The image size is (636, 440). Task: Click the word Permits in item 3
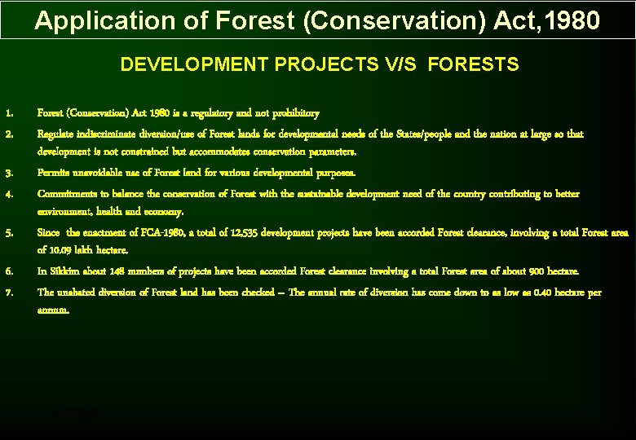coord(55,173)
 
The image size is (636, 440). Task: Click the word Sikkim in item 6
coord(63,271)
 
